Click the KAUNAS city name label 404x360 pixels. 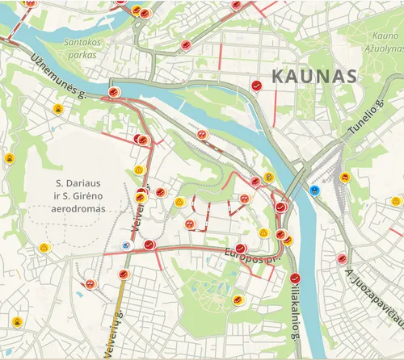[x=314, y=77]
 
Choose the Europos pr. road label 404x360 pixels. [x=250, y=257]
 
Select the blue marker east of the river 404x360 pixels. [x=314, y=190]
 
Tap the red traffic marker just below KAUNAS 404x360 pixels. [x=256, y=84]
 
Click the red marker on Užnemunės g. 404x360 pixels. [x=113, y=91]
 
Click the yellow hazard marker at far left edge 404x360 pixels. [x=9, y=158]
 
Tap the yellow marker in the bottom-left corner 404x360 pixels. [x=16, y=321]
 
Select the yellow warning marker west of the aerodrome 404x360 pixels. [x=44, y=247]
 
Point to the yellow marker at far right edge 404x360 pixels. [x=396, y=201]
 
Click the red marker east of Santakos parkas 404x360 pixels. [x=185, y=45]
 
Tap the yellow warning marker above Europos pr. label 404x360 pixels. [x=263, y=232]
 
